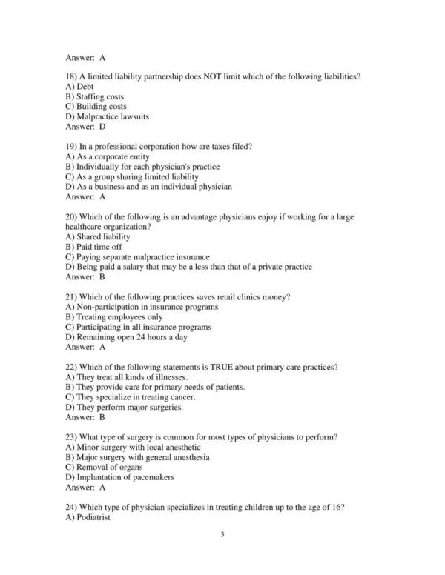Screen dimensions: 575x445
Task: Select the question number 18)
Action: (72, 76)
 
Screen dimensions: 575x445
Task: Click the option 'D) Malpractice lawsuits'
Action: (107, 116)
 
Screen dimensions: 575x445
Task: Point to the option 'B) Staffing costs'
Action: (95, 96)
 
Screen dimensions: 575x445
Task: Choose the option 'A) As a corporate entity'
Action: (108, 157)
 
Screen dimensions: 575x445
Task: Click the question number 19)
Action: (72, 147)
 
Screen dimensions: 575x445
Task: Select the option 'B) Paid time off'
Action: (94, 247)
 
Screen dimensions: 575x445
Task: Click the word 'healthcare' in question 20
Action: (84, 227)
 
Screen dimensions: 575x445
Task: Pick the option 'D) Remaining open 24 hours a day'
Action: (126, 337)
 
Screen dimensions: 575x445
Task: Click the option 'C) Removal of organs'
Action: (105, 468)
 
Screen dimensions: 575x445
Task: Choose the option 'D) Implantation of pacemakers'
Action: (120, 478)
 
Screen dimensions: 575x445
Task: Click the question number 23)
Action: (72, 437)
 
